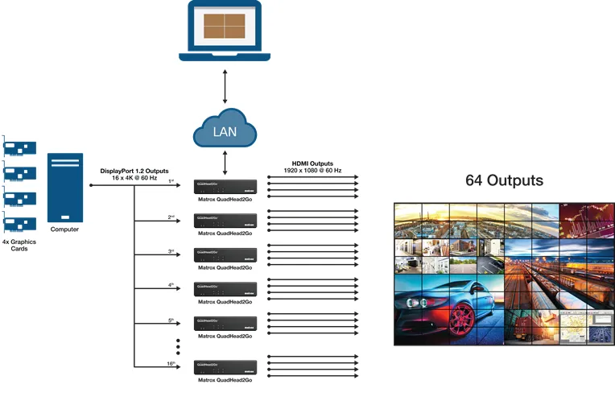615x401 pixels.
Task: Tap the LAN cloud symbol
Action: click(225, 129)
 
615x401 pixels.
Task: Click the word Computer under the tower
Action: click(64, 229)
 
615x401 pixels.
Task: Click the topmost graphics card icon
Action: click(19, 147)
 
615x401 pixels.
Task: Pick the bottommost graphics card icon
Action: click(19, 221)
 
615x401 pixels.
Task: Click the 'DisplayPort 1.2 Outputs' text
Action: click(134, 171)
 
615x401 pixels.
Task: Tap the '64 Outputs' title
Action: click(504, 180)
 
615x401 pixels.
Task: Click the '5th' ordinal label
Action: click(171, 320)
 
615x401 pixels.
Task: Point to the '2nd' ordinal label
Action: click(171, 217)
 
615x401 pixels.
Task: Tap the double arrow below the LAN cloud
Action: click(225, 162)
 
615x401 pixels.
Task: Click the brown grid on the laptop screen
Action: click(225, 26)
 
